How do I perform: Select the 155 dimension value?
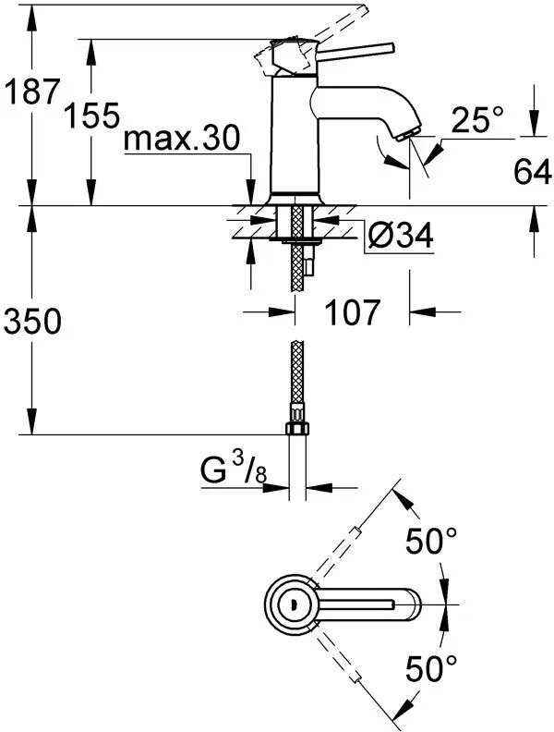(x=93, y=115)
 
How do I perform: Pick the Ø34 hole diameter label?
(x=400, y=238)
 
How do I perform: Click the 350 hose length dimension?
(x=32, y=321)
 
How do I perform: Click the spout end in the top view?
(x=412, y=604)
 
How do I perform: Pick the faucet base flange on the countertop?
(x=295, y=198)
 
